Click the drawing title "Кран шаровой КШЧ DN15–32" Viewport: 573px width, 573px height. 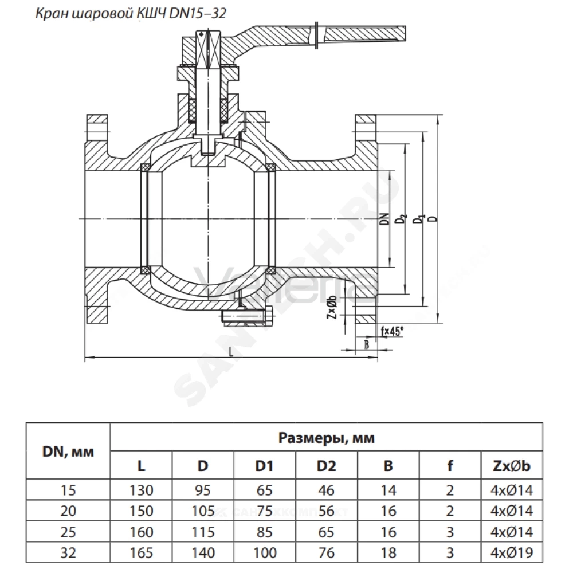click(x=131, y=14)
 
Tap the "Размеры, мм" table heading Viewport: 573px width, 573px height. click(x=327, y=437)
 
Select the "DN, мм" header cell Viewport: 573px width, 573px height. click(x=68, y=452)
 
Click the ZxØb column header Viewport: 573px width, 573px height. click(x=512, y=465)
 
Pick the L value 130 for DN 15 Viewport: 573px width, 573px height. click(x=141, y=490)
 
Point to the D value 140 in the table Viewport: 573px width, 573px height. click(x=203, y=552)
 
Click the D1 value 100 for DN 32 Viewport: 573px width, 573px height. click(x=265, y=552)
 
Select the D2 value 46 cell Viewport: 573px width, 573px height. click(x=327, y=490)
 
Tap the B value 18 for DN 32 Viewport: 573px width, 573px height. click(x=388, y=552)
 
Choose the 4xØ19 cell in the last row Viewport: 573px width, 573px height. click(x=512, y=552)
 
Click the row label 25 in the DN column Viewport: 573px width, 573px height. click(x=68, y=532)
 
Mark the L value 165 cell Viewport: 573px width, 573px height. click(x=141, y=552)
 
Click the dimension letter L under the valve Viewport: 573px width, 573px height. click(x=230, y=352)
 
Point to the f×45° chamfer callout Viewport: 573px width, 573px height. click(x=392, y=331)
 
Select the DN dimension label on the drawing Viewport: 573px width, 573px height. click(x=384, y=219)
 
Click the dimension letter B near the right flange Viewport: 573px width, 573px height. click(x=367, y=344)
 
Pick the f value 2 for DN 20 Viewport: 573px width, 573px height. click(x=450, y=511)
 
